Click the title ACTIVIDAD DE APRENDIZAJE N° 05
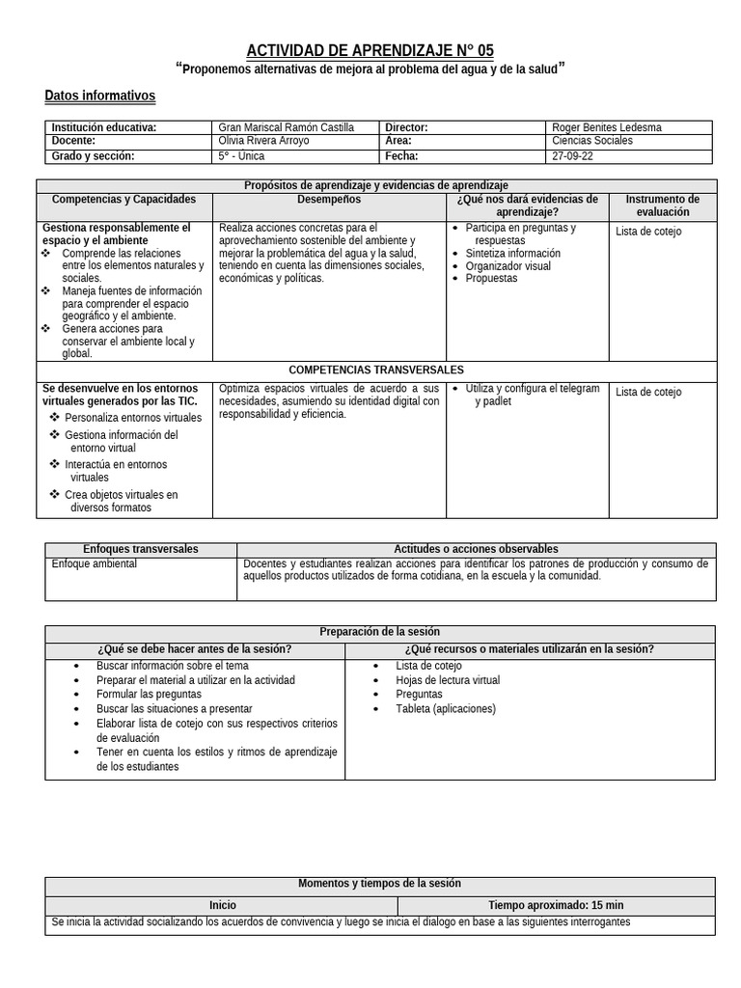370,50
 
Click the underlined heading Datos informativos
99,96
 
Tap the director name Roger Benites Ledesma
607,127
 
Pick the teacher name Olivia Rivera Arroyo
264,141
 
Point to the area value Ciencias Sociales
592,141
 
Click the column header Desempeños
329,200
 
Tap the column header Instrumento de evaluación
662,206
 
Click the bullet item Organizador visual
508,266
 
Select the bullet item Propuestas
491,279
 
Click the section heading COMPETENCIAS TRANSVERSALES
376,370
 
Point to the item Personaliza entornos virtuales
133,418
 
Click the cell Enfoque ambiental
95,563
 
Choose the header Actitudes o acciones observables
476,549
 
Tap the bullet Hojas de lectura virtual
448,680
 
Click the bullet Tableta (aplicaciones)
445,709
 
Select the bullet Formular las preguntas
149,695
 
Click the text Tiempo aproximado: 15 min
556,906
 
